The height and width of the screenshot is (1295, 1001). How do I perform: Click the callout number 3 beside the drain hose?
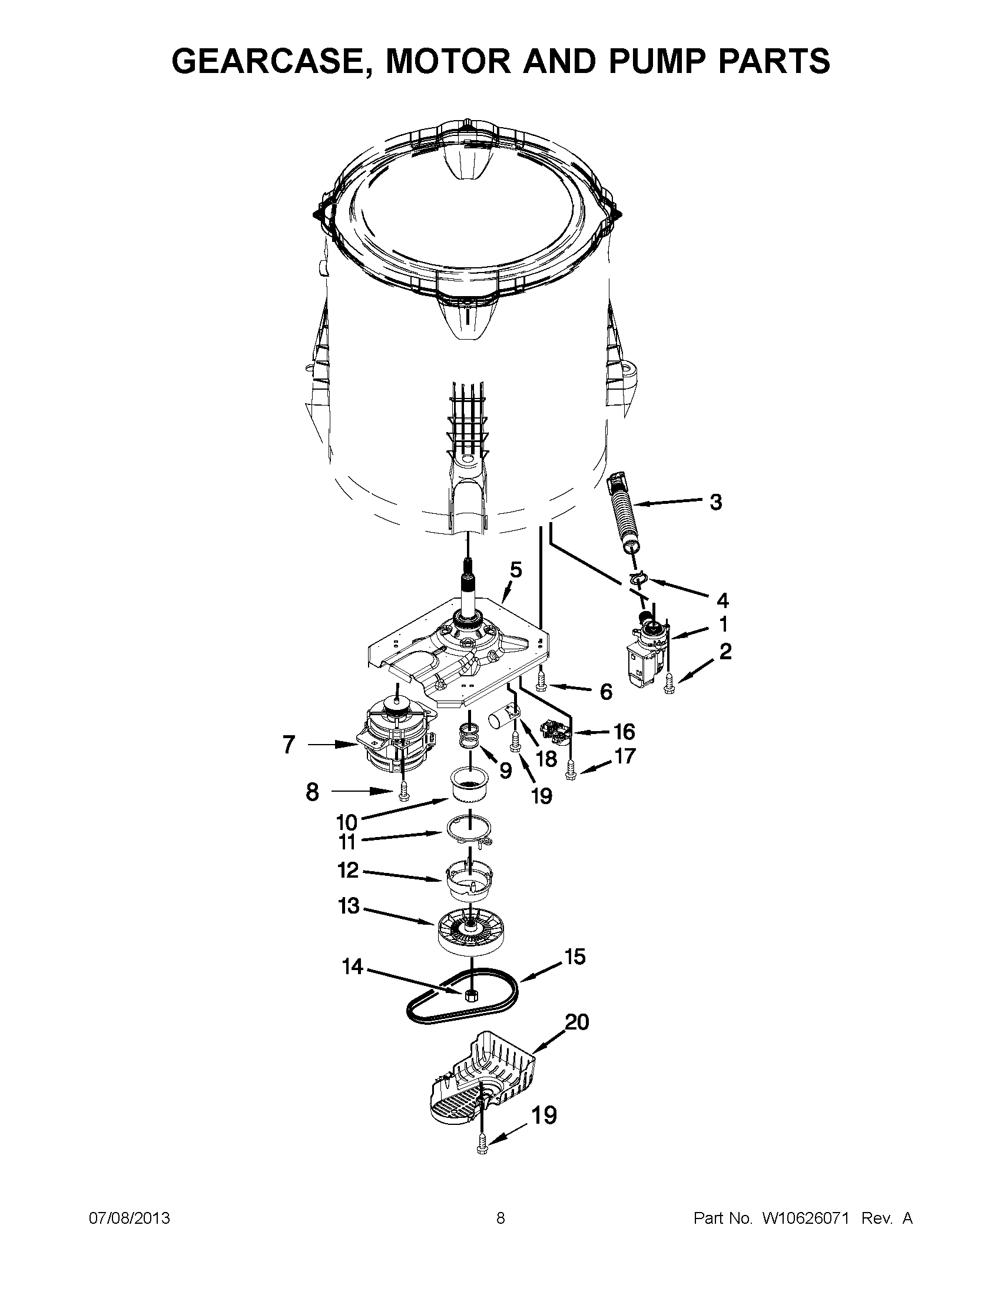click(716, 502)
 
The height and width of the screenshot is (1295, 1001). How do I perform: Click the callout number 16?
click(624, 732)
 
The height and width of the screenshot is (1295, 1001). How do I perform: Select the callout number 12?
click(348, 870)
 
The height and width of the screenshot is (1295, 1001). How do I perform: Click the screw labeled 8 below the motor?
click(405, 791)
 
